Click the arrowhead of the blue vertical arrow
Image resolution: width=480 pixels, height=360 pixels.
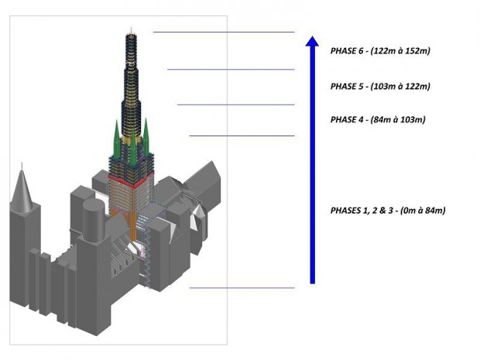(312, 41)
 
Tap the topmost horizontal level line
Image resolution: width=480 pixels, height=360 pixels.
(224, 32)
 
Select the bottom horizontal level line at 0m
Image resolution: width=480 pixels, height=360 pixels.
(242, 288)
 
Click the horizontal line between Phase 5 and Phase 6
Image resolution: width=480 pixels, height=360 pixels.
(231, 70)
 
